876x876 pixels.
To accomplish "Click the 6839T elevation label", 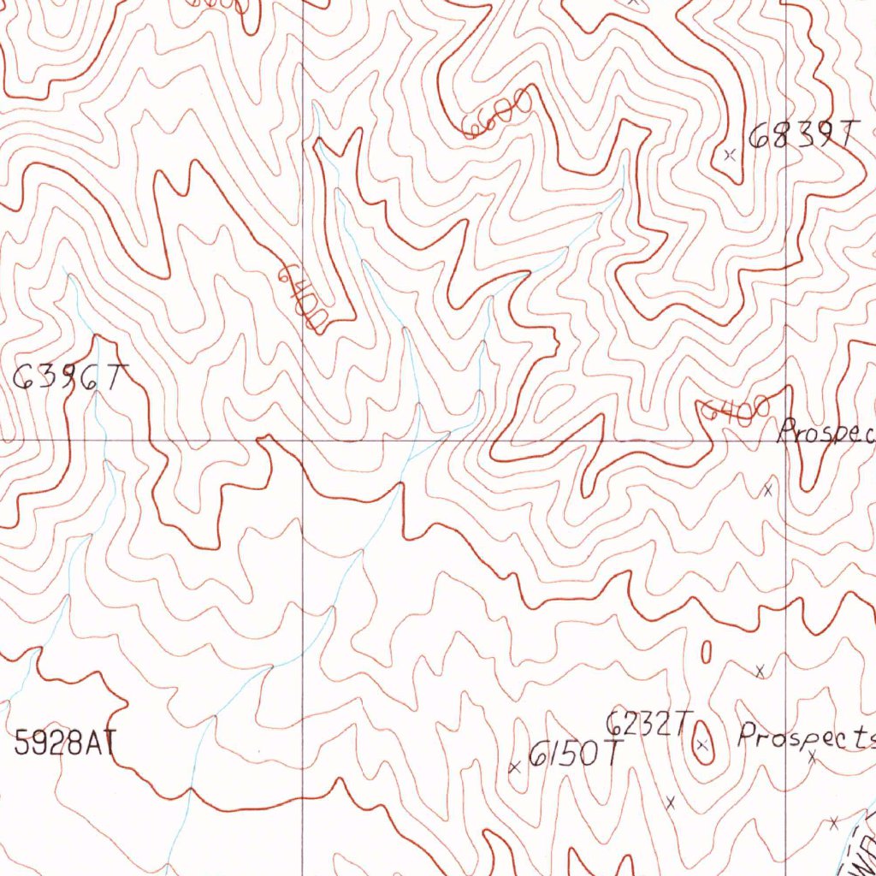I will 801,135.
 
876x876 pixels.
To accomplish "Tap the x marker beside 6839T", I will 729,156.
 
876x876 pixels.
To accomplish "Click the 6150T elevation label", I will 574,755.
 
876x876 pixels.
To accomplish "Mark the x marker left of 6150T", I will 514,767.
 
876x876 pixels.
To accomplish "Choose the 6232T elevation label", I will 645,725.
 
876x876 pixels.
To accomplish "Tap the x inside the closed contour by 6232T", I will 702,746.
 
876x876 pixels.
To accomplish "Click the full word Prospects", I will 807,736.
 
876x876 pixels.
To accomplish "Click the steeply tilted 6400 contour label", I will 302,298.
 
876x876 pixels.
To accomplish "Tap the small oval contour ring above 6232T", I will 705,653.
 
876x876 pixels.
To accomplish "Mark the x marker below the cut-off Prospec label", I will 767,490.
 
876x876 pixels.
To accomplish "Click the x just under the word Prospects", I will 811,756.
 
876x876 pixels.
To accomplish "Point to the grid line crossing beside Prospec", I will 786,441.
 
